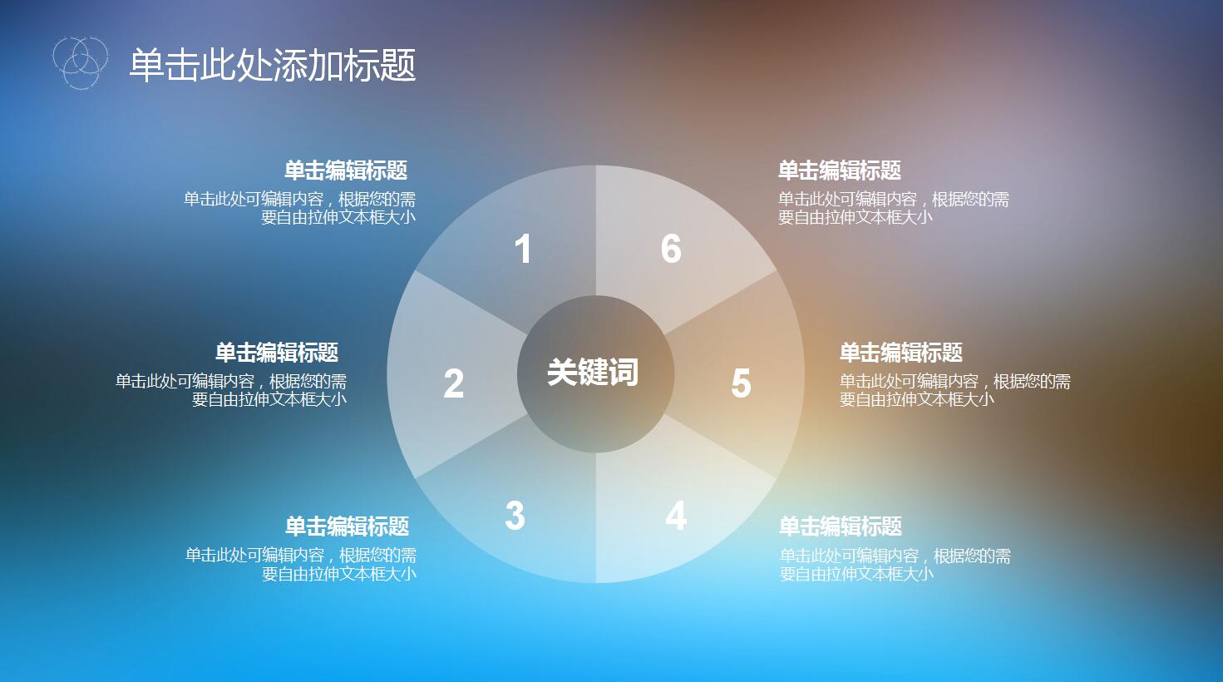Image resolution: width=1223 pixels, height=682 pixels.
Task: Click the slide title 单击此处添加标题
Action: pyautogui.click(x=272, y=65)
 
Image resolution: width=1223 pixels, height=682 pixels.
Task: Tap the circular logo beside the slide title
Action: pyautogui.click(x=80, y=62)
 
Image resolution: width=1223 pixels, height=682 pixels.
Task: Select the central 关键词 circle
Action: pyautogui.click(x=594, y=373)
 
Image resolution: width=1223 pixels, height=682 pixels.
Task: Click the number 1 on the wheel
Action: pyautogui.click(x=523, y=250)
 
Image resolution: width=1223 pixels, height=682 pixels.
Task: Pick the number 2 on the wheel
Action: pyautogui.click(x=453, y=383)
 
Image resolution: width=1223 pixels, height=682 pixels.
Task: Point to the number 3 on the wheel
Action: pyautogui.click(x=515, y=516)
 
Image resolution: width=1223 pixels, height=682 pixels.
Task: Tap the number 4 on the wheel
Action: pyautogui.click(x=676, y=516)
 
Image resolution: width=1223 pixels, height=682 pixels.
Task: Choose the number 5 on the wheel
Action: pyautogui.click(x=741, y=383)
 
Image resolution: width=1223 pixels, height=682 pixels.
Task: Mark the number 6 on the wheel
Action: pyautogui.click(x=671, y=250)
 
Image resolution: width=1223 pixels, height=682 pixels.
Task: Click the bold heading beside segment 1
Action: pyautogui.click(x=346, y=171)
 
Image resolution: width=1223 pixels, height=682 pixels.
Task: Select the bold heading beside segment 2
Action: pyautogui.click(x=277, y=353)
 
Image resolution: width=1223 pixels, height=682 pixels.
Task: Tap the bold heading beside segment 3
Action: pyautogui.click(x=347, y=526)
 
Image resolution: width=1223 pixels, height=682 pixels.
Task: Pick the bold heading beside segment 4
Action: pyautogui.click(x=841, y=526)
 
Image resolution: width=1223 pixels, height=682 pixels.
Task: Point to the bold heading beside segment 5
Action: pyautogui.click(x=901, y=353)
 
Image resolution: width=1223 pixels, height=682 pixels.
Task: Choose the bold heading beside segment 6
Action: pyautogui.click(x=840, y=171)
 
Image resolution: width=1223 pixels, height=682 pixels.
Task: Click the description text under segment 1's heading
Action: pyautogui.click(x=300, y=208)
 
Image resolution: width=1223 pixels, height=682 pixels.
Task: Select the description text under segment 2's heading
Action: pyautogui.click(x=231, y=390)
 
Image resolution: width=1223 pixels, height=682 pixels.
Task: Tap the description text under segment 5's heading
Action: pyautogui.click(x=954, y=390)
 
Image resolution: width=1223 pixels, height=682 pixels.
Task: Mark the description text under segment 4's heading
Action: pyautogui.click(x=895, y=564)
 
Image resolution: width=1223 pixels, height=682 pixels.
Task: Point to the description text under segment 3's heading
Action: pyautogui.click(x=301, y=564)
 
